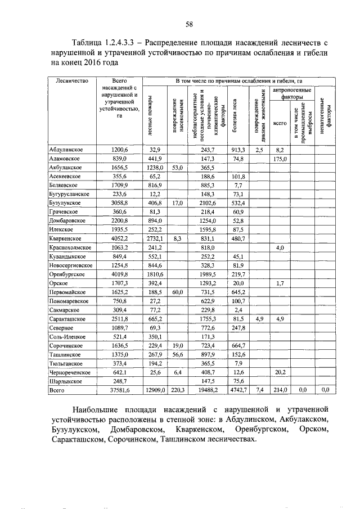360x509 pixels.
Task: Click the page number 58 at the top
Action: tap(190, 24)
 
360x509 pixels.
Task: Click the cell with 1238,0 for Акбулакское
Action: tap(155, 168)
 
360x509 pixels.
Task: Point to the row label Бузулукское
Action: tap(66, 203)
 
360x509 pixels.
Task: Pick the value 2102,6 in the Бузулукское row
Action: tap(209, 203)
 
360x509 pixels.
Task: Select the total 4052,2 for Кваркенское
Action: tap(119, 238)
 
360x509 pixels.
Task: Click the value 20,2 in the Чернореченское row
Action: tap(280, 371)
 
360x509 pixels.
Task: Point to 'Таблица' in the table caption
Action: tap(89, 42)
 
